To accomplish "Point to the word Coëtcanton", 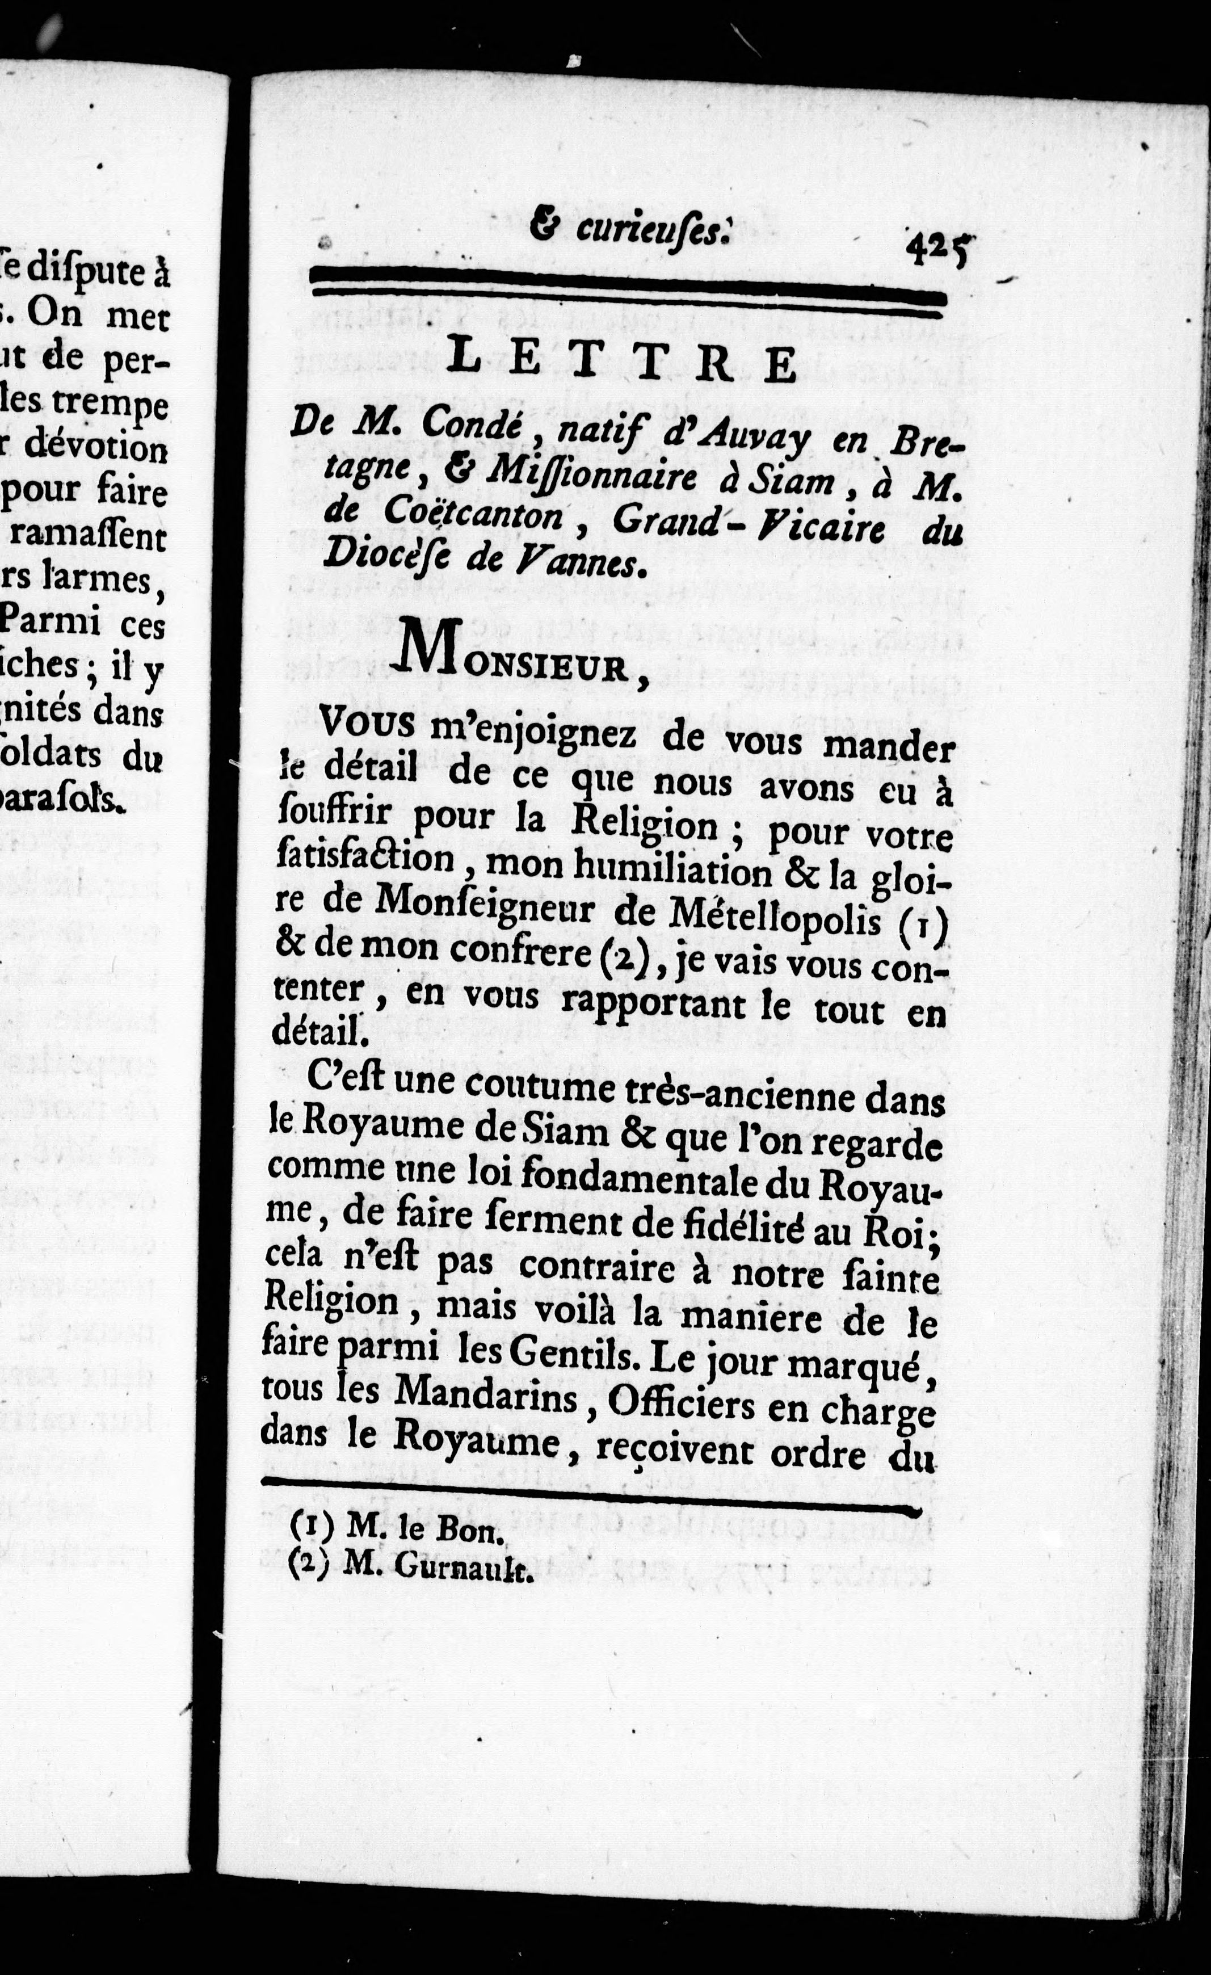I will click(x=473, y=514).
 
